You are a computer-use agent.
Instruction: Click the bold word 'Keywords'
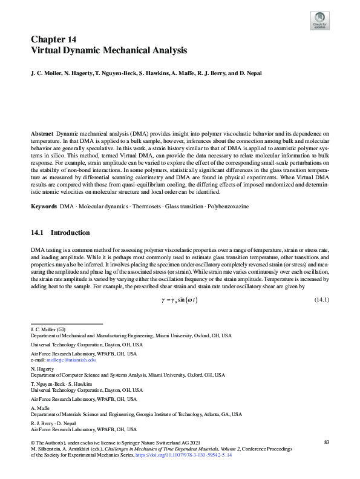click(x=44, y=206)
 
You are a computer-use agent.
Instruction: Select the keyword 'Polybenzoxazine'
click(x=229, y=206)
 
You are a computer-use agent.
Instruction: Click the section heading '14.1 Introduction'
click(x=60, y=233)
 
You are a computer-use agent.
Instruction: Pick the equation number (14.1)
click(x=321, y=300)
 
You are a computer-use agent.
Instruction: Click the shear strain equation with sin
click(x=180, y=300)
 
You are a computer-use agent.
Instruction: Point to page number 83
click(x=327, y=443)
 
